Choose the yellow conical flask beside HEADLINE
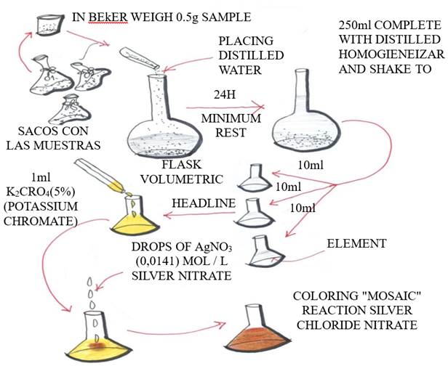(133, 219)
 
